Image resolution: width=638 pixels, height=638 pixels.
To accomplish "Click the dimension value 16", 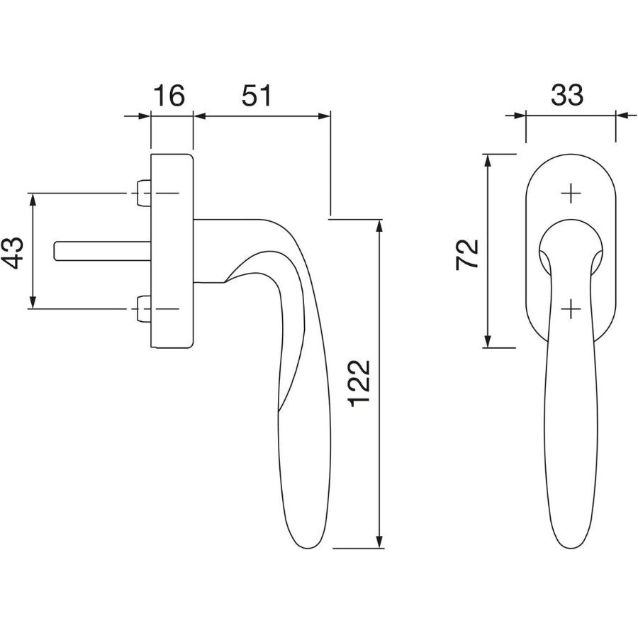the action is point(169,96).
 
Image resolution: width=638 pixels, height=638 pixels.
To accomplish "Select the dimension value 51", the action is point(257,96).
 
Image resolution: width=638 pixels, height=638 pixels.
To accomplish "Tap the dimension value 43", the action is point(13,252).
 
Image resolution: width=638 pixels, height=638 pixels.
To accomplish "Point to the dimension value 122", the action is point(359,384).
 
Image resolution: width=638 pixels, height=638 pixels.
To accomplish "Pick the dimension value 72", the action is point(467,254).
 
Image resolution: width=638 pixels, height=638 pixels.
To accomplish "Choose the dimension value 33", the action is point(567,96).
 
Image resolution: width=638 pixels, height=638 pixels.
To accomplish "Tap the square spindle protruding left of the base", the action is point(103,251).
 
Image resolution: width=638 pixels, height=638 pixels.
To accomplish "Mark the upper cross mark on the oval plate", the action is point(571,193).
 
